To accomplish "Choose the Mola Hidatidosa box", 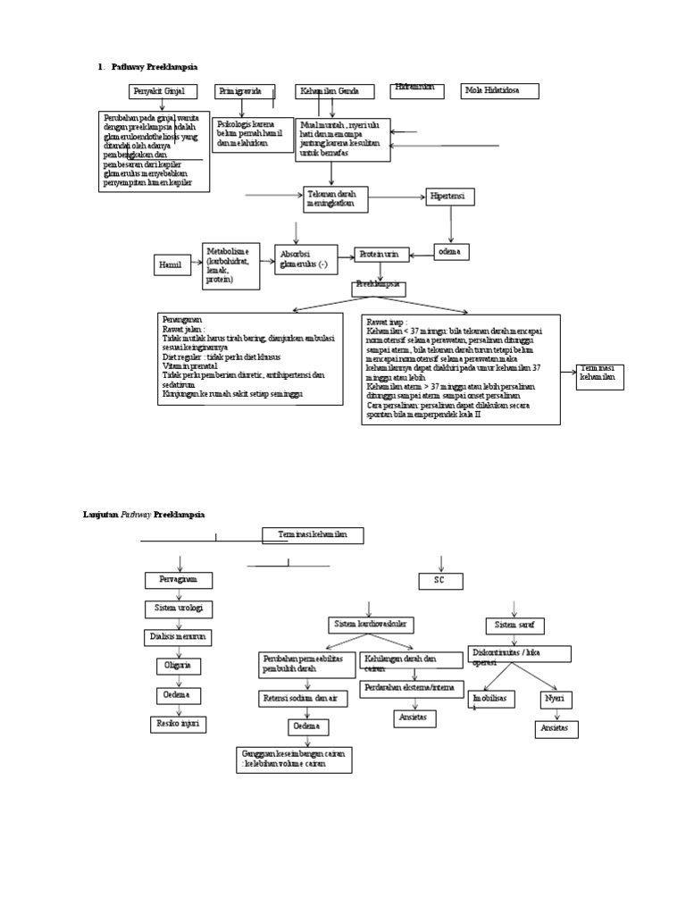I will (499, 91).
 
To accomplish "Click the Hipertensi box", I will (450, 197).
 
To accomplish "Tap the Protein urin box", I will (382, 255).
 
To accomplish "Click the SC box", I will (441, 582).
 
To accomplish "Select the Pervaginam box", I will (180, 581).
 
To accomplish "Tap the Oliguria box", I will (179, 667).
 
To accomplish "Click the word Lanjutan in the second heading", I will (100, 516).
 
